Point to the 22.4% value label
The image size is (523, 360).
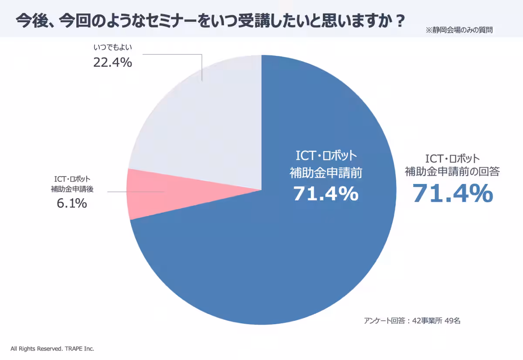point(112,63)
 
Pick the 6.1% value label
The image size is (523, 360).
point(72,203)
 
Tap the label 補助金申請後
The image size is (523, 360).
point(72,189)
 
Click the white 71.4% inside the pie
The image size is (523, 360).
point(326,194)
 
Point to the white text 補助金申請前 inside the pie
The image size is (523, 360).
point(326,173)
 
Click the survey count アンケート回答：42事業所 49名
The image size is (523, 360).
point(412,321)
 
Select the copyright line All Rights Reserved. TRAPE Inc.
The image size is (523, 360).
point(52,349)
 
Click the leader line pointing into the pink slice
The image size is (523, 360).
point(135,192)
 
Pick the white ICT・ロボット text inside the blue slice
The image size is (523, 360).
point(326,156)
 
